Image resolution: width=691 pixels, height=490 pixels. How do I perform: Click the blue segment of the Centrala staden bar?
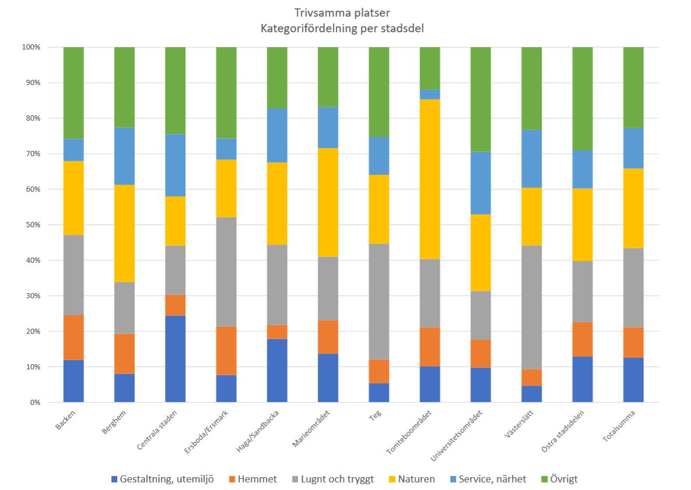[x=175, y=359]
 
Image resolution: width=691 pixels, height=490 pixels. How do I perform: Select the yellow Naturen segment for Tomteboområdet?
[x=430, y=179]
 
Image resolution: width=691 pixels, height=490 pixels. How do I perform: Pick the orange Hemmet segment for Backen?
[x=73, y=337]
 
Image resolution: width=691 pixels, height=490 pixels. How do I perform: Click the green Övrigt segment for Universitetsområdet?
[x=480, y=99]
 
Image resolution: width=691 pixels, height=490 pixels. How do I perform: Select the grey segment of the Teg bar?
[x=379, y=301]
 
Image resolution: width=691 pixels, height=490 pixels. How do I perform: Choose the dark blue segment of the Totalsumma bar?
[x=633, y=380]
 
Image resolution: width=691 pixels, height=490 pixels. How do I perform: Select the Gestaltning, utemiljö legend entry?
[x=163, y=479]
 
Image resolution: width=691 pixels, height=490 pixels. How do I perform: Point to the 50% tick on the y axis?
[x=31, y=225]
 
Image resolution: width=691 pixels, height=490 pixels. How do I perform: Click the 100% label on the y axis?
[x=30, y=47]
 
